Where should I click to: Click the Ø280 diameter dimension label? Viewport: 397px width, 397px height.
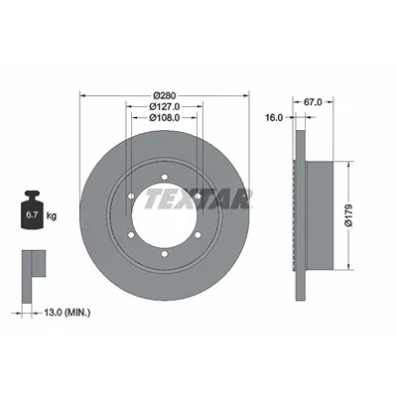165,95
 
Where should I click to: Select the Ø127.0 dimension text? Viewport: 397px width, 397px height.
165,106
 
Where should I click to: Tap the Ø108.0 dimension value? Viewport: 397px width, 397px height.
165,117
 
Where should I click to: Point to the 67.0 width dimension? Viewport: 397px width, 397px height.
313,102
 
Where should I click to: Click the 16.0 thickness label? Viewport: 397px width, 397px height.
274,117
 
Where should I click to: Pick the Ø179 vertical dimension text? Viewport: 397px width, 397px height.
349,215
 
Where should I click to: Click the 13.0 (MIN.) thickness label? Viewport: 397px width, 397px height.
67,312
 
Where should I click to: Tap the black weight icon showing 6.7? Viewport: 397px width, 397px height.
32,209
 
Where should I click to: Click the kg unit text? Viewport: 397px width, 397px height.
52,216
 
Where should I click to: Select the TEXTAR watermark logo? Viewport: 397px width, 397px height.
198,199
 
